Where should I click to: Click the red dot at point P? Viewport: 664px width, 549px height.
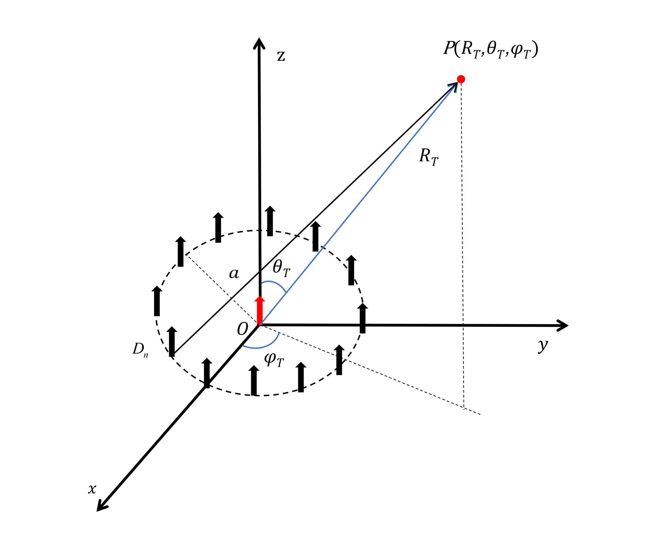(x=461, y=79)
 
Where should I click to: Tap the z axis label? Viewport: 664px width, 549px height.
(x=281, y=56)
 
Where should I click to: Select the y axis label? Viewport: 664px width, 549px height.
(x=542, y=346)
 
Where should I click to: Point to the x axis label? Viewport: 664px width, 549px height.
(x=92, y=489)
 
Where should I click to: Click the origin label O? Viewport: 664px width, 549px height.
(x=242, y=329)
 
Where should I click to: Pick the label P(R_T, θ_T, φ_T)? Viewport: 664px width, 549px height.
(x=491, y=50)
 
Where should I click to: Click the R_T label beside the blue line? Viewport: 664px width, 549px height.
(x=429, y=156)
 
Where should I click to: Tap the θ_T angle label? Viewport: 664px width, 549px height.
(x=281, y=268)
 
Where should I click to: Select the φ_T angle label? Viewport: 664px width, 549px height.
(x=274, y=360)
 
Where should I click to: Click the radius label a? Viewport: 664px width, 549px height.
(x=234, y=274)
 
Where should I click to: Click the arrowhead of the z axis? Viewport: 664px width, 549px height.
(x=259, y=43)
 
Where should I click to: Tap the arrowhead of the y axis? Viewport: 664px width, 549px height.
(x=562, y=325)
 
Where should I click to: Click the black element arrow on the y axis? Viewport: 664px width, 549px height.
(x=363, y=318)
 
